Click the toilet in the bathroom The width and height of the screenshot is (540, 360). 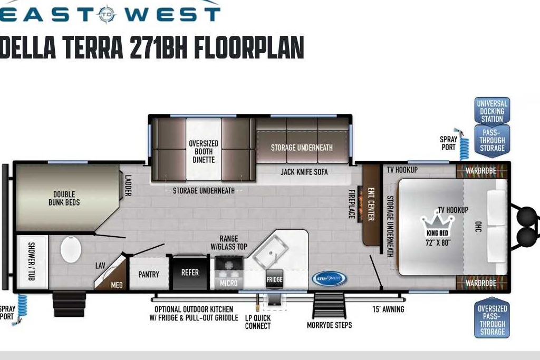[71, 249]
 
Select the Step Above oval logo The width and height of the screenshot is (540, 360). [329, 278]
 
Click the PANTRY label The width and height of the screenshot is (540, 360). [149, 274]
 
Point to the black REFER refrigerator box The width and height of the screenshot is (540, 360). [190, 272]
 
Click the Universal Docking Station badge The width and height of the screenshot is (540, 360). [492, 111]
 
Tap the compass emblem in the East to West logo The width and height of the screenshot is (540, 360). [108, 14]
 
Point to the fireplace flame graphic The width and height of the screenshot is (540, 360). [360, 204]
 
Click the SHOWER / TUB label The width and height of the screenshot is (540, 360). [31, 261]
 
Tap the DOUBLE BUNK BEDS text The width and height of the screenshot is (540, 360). [64, 199]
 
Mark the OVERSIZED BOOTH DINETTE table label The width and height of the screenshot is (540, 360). [204, 151]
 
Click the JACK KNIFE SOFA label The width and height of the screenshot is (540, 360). [304, 172]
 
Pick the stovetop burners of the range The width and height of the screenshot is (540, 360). [229, 264]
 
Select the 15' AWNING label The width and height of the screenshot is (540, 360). [388, 309]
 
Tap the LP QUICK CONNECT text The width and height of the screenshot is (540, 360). [258, 322]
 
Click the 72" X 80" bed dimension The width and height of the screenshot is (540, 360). [438, 242]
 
